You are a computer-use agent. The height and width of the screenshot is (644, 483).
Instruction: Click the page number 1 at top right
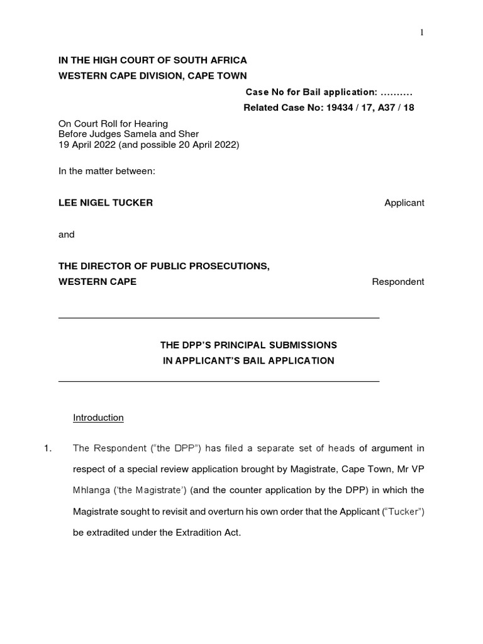tap(423, 33)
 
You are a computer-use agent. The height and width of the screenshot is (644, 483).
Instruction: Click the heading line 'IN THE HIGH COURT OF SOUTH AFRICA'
tap(152, 60)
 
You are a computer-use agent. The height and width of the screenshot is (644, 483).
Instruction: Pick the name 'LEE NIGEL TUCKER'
tap(106, 203)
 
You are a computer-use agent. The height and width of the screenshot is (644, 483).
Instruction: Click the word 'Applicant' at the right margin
tap(404, 203)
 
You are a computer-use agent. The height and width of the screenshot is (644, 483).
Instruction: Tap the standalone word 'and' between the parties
tap(67, 234)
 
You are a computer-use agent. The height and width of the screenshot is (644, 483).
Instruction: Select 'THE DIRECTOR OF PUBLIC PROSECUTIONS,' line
tap(164, 266)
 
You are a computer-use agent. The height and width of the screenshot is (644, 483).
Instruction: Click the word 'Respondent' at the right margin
tap(397, 282)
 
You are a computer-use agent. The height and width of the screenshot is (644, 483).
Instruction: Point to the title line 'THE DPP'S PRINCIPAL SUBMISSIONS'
tap(248, 345)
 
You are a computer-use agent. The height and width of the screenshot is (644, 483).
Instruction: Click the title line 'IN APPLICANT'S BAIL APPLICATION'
tap(248, 361)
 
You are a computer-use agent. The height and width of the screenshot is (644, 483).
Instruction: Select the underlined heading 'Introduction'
tap(98, 418)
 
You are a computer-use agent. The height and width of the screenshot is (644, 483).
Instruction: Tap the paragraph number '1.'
tap(47, 448)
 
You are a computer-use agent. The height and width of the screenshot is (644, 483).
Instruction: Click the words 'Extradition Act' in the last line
tap(208, 533)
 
